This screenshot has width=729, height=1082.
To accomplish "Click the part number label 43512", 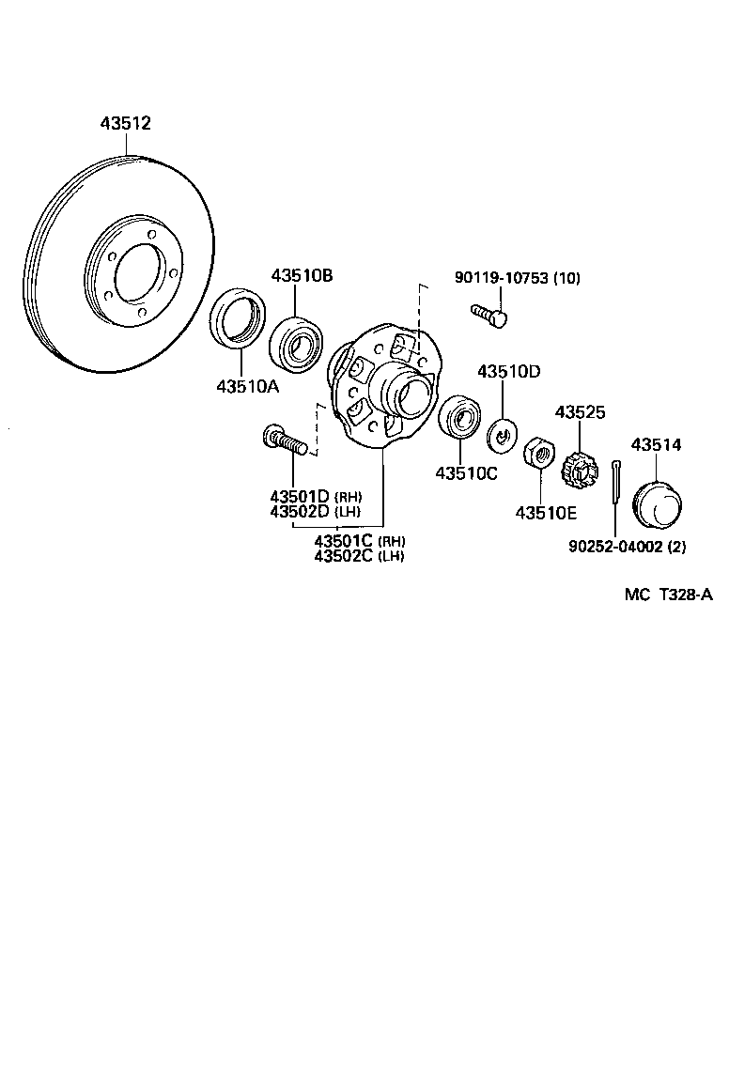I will [x=126, y=123].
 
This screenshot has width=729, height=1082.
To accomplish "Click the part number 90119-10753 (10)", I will [x=517, y=278].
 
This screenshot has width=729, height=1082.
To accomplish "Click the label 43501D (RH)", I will [x=315, y=496].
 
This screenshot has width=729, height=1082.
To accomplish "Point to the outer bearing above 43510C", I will [x=459, y=417].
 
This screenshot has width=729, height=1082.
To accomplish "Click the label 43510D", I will [x=508, y=372].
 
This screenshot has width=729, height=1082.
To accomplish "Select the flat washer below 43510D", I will [x=504, y=435].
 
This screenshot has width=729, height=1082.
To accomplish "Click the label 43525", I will [x=580, y=412].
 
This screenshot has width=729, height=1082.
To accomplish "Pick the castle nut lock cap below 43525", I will [x=580, y=468].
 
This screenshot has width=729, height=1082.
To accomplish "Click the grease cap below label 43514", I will [x=656, y=506].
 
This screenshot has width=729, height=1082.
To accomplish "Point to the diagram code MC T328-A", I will [x=668, y=594].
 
